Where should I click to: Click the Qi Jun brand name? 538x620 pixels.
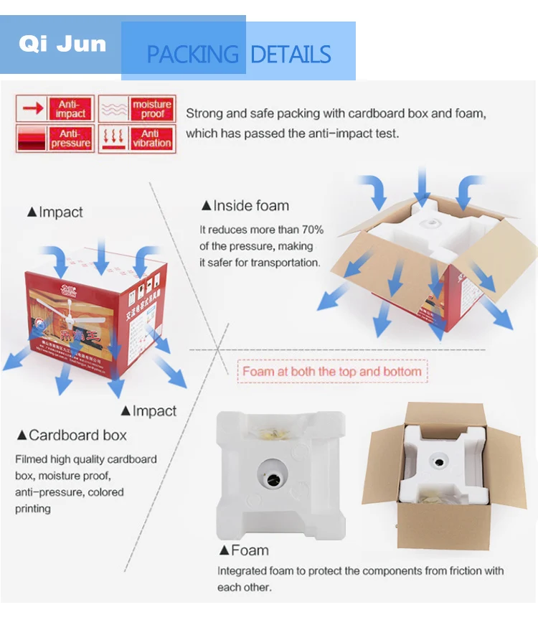click(62, 44)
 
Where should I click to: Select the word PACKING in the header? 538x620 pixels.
click(192, 55)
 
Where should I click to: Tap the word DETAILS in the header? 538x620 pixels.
click(291, 55)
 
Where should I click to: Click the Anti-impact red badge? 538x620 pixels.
click(71, 108)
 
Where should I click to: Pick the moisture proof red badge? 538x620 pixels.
click(152, 108)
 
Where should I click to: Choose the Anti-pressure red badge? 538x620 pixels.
click(71, 138)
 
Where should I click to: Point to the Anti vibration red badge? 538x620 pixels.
click(152, 138)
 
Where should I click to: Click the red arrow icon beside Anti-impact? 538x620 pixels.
click(33, 108)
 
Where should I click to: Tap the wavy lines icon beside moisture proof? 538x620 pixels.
click(113, 109)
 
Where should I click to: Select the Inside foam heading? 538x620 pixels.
click(245, 206)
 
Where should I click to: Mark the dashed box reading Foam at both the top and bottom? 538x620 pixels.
click(331, 372)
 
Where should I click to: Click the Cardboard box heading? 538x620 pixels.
click(72, 435)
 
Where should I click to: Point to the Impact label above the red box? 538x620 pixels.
click(55, 212)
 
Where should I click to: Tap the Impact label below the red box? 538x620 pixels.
click(148, 411)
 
